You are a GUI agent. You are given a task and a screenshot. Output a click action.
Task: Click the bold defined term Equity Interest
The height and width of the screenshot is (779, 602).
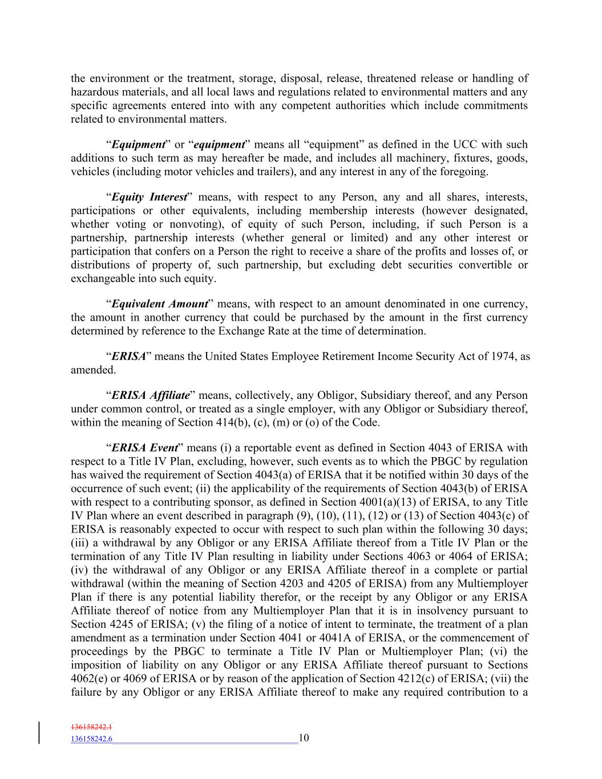150,197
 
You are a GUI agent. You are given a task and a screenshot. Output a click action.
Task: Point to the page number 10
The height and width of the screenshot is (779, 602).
304,738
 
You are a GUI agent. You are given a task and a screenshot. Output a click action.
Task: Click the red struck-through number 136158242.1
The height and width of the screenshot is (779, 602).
92,728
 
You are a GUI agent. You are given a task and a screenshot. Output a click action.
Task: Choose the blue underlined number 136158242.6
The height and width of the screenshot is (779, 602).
92,739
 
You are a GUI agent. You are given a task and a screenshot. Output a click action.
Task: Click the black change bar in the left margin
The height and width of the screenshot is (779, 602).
39,733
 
